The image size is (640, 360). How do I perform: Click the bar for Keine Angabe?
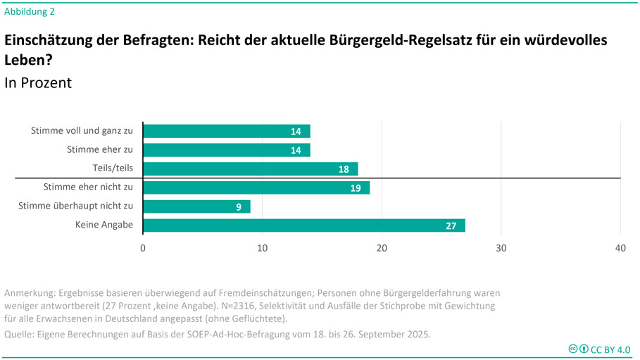point(303,225)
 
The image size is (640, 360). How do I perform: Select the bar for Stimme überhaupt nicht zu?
point(196,206)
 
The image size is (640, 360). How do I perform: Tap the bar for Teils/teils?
point(250,169)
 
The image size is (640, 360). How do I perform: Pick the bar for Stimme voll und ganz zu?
point(226,131)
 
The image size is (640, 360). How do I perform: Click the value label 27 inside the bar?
point(451,226)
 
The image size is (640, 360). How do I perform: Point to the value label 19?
point(355,188)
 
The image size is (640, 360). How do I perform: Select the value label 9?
point(239,207)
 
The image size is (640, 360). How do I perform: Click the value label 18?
point(344,169)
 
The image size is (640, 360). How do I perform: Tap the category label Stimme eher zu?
point(100,149)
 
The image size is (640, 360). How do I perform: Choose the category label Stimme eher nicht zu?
point(88,187)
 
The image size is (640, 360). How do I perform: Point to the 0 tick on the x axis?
point(143,248)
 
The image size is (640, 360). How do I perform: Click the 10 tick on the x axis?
point(262,248)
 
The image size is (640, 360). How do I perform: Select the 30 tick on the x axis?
point(501,248)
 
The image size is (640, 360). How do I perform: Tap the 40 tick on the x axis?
point(620,248)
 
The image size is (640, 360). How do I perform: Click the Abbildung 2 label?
point(30,11)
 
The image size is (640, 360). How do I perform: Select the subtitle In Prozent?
point(38,82)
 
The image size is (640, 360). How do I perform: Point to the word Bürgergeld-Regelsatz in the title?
point(403,40)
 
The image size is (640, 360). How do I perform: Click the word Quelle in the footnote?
point(20,334)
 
